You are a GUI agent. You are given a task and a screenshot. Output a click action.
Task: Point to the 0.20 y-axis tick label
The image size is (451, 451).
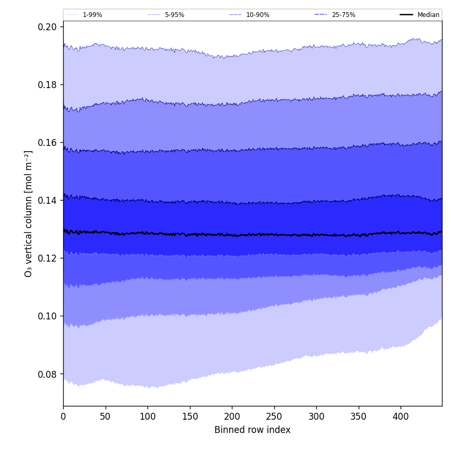[47, 27]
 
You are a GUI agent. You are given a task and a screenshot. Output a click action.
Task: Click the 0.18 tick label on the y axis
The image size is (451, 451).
[47, 85]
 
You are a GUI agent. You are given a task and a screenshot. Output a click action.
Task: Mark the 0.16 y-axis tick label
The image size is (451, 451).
[47, 143]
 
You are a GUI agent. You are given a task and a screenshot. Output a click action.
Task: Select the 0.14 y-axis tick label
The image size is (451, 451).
[47, 201]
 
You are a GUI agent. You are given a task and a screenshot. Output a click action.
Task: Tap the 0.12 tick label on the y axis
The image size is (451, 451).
[47, 258]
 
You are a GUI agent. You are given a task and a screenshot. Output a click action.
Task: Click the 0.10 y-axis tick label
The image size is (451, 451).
[47, 316]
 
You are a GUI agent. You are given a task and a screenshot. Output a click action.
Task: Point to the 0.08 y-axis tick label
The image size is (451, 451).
[47, 374]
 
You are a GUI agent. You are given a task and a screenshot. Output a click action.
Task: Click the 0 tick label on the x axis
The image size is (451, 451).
[63, 417]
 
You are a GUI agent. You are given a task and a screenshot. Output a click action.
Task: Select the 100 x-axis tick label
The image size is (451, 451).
[148, 417]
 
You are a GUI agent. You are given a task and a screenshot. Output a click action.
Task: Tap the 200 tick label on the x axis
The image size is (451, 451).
[232, 417]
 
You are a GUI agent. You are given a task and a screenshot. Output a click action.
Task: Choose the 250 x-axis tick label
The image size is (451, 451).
[274, 417]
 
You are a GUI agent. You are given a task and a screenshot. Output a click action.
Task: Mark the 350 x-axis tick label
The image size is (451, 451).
[359, 417]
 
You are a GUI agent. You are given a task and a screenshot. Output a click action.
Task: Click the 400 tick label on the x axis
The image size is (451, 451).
[401, 417]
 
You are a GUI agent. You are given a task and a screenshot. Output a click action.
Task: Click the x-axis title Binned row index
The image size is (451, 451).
[253, 430]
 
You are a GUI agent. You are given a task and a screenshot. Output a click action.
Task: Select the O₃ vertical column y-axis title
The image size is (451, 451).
[29, 213]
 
